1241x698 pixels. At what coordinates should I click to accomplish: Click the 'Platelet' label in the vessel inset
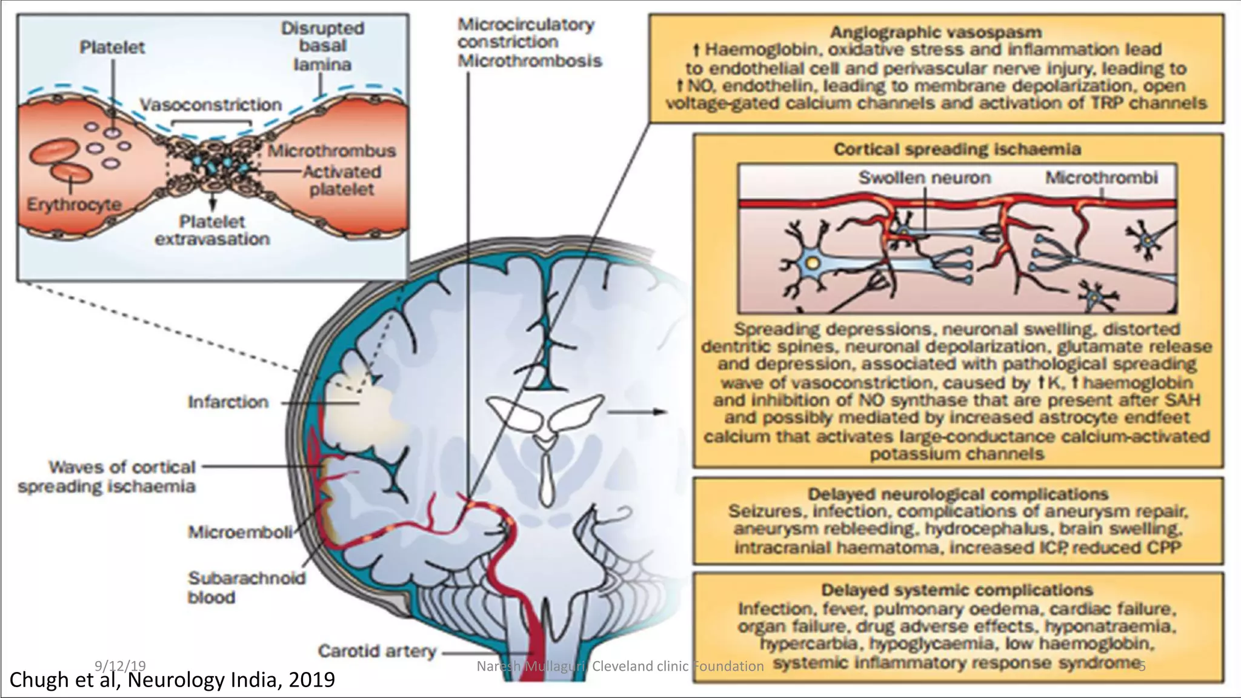[112, 47]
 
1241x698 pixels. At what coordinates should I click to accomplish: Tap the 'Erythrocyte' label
[74, 204]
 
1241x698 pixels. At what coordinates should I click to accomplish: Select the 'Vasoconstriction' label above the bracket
[211, 105]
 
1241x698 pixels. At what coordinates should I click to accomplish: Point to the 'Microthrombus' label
[332, 151]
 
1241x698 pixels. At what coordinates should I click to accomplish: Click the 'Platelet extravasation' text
[212, 230]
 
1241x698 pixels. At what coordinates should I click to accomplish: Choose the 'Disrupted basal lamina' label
[322, 46]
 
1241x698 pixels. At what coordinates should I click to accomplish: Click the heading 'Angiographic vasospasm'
[936, 32]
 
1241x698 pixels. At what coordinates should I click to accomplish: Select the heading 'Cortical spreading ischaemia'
[957, 149]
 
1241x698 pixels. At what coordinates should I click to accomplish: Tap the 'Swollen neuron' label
[924, 178]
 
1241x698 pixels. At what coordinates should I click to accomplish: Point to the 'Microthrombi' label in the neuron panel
[1101, 178]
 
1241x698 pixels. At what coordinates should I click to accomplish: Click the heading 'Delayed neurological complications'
[958, 494]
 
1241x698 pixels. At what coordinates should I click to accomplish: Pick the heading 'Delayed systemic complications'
[957, 590]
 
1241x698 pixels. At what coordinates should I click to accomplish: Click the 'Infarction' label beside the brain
[228, 402]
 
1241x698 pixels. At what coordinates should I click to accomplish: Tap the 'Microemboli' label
[240, 532]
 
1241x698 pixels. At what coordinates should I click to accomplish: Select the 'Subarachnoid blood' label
[246, 587]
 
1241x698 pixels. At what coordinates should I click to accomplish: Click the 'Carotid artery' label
[377, 651]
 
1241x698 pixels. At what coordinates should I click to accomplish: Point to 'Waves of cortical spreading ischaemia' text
[107, 477]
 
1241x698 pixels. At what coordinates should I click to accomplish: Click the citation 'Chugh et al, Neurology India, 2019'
[172, 680]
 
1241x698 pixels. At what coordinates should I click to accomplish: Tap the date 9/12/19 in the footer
[120, 666]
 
